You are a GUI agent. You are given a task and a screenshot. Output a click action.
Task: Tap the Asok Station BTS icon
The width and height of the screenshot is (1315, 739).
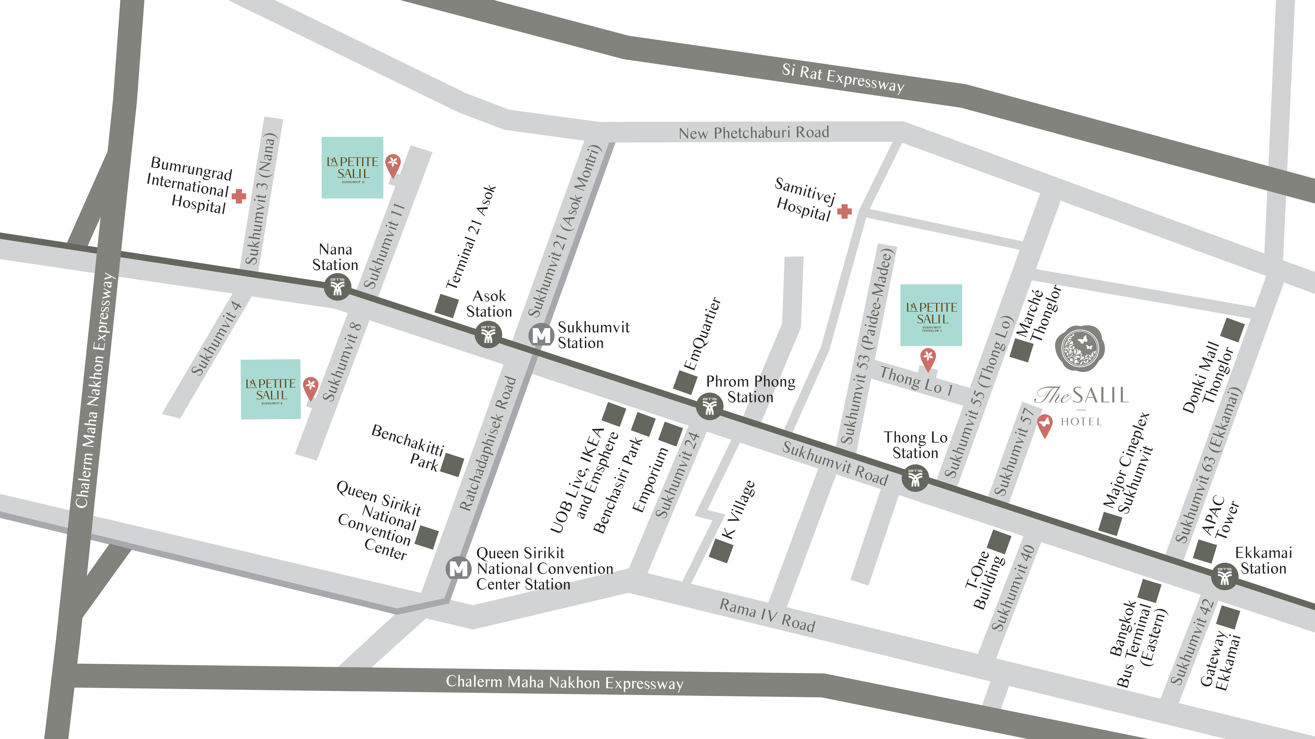[488, 335]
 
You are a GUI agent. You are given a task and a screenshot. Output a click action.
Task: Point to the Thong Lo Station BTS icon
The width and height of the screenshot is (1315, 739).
[915, 478]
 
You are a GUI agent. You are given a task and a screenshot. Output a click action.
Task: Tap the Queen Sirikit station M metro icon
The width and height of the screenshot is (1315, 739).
[458, 568]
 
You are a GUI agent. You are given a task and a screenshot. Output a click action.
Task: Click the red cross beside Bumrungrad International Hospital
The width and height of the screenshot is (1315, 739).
[239, 196]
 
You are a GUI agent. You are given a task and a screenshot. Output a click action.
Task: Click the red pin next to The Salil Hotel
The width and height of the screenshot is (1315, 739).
[1044, 425]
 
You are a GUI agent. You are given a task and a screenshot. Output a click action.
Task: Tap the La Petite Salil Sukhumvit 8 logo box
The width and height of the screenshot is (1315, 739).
[271, 389]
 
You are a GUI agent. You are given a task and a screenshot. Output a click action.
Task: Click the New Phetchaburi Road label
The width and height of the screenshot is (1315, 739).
[753, 133]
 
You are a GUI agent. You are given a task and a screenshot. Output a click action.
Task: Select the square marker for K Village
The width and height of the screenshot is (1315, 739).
[721, 551]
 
